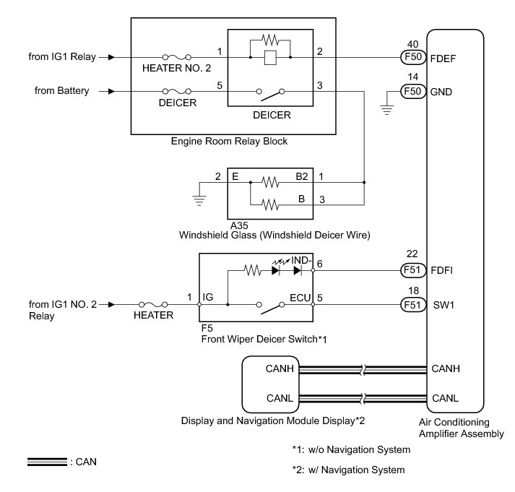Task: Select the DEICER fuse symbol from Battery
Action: (x=176, y=92)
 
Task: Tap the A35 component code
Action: (x=238, y=224)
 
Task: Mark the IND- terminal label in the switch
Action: (x=301, y=259)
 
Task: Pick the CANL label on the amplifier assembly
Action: (x=446, y=397)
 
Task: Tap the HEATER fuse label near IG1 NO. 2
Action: (x=153, y=316)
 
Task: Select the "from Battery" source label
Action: (x=61, y=91)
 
